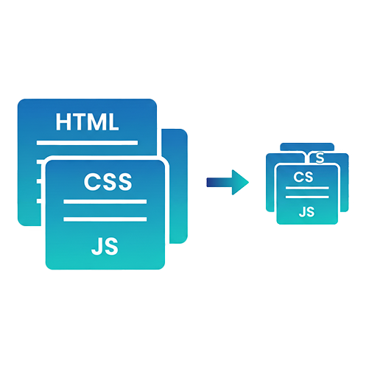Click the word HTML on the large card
[x=87, y=122]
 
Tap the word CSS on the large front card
[x=108, y=180]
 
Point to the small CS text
[x=303, y=177]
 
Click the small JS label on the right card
[x=306, y=212]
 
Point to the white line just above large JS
[x=106, y=219]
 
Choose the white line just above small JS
[x=306, y=198]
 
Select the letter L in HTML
[x=112, y=122]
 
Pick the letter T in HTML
[x=78, y=122]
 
